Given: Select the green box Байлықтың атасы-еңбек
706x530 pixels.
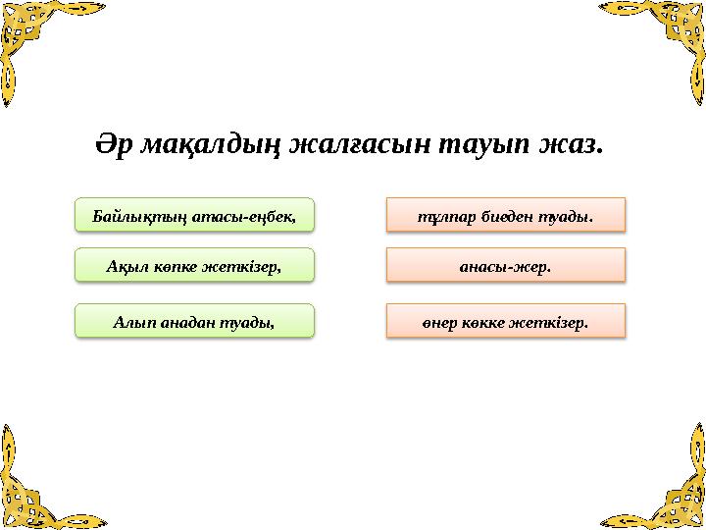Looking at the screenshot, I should pyautogui.click(x=195, y=213).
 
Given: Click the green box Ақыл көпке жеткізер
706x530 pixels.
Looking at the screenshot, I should pyautogui.click(x=195, y=265).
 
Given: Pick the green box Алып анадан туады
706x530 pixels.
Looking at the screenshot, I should pyautogui.click(x=195, y=320).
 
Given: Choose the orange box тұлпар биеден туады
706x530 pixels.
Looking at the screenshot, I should pyautogui.click(x=505, y=214).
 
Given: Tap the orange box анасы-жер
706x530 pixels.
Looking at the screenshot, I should pyautogui.click(x=505, y=265).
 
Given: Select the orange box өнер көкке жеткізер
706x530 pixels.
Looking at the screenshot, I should pyautogui.click(x=505, y=320).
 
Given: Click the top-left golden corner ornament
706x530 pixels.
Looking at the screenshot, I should pyautogui.click(x=34, y=34).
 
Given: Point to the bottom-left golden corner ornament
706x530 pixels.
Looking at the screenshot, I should pyautogui.click(x=34, y=491).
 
